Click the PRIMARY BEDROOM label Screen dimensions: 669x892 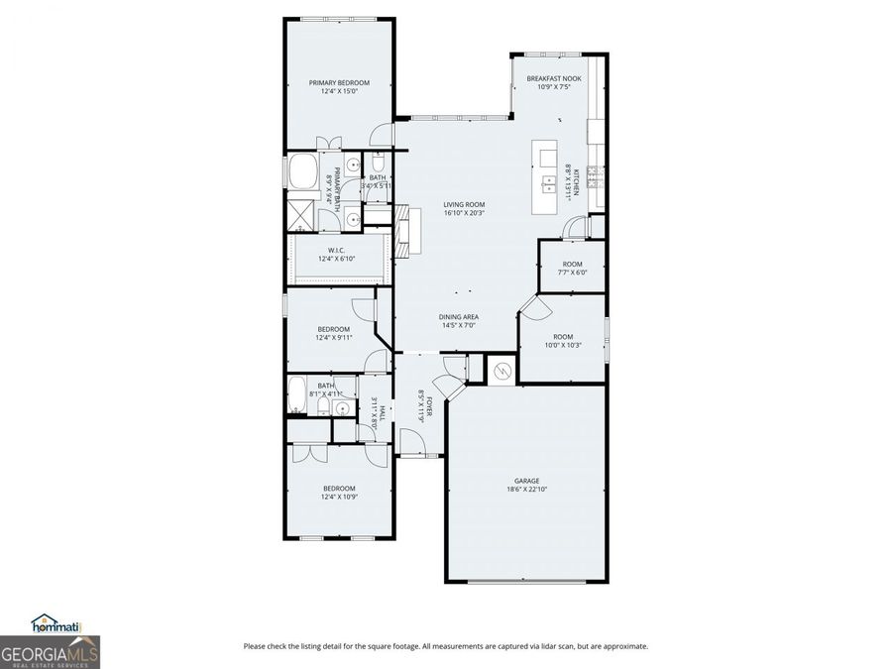339,82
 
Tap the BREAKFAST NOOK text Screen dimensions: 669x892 553,78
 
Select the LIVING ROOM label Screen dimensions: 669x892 464,204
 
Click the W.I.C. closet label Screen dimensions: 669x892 336,251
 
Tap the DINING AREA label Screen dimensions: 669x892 458,317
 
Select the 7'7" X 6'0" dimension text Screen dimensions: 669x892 572,273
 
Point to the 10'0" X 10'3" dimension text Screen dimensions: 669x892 562,345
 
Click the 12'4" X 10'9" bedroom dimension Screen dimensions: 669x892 338,497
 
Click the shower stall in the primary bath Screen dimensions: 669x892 298,214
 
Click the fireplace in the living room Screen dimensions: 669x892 402,230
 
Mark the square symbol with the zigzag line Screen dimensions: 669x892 502,371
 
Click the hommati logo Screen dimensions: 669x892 56,623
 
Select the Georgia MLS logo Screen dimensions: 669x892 50,653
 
